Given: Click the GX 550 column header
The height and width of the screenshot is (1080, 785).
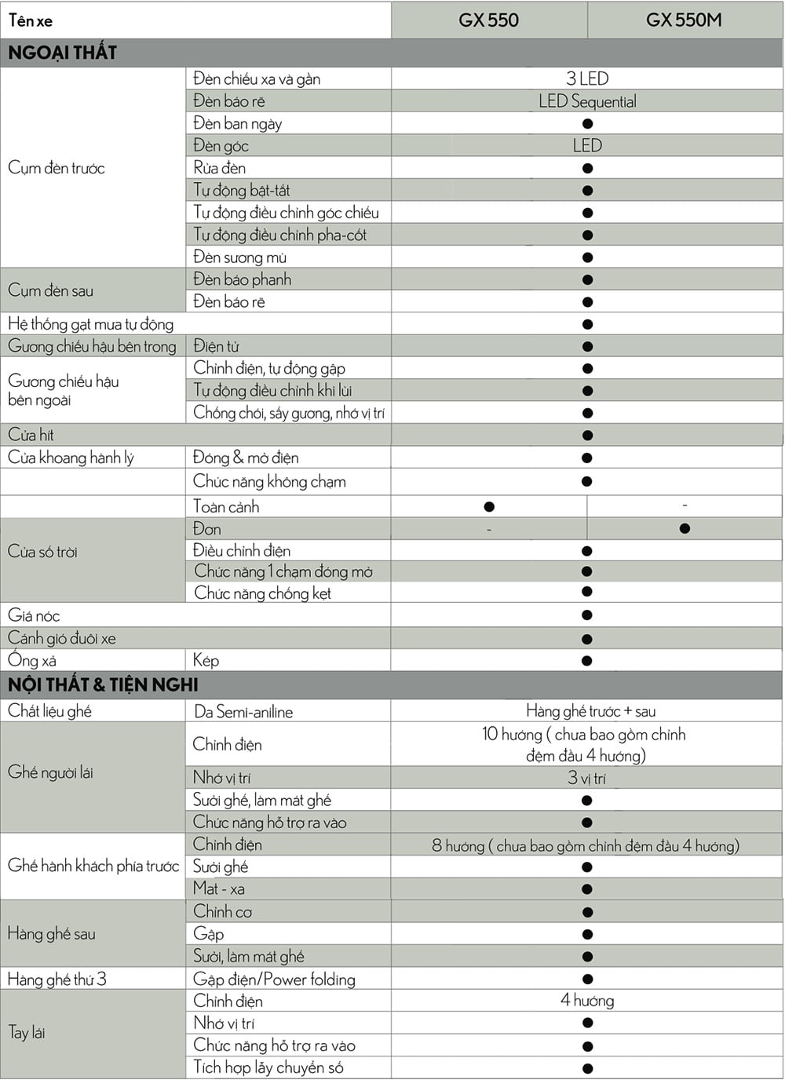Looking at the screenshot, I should pyautogui.click(x=488, y=20).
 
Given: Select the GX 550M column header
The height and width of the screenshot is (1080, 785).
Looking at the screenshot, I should pyautogui.click(x=684, y=20).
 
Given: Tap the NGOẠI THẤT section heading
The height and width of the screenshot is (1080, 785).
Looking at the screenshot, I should pyautogui.click(x=63, y=53).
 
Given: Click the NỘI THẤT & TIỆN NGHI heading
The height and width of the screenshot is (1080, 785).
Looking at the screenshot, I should pyautogui.click(x=103, y=684).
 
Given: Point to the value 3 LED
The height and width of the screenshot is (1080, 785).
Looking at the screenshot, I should pyautogui.click(x=587, y=78).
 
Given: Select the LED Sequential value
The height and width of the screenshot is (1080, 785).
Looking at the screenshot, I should pyautogui.click(x=587, y=101).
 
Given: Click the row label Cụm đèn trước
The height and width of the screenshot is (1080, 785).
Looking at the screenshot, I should pyautogui.click(x=57, y=168).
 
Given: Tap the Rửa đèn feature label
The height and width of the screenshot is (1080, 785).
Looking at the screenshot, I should pyautogui.click(x=220, y=168).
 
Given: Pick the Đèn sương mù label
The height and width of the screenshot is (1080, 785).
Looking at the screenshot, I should pyautogui.click(x=239, y=257).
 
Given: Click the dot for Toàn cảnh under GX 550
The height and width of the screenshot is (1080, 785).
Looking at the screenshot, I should pyautogui.click(x=489, y=507).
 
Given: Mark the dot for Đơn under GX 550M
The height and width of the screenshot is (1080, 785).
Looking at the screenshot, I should pyautogui.click(x=685, y=529).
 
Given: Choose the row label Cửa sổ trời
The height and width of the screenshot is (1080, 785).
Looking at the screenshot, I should pyautogui.click(x=43, y=552).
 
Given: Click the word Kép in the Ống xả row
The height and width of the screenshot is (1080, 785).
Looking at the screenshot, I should pyautogui.click(x=206, y=661).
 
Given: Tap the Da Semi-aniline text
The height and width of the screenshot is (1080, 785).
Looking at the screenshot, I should pyautogui.click(x=243, y=712).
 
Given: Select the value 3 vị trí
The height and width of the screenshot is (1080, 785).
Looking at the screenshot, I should pyautogui.click(x=587, y=779).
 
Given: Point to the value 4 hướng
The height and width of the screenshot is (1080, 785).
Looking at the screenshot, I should pyautogui.click(x=587, y=1001).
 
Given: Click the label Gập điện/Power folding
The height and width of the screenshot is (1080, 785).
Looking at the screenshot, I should pyautogui.click(x=274, y=980).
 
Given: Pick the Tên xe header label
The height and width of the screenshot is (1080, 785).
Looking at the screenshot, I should pyautogui.click(x=31, y=20).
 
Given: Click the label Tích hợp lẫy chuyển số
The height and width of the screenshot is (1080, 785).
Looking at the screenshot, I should pyautogui.click(x=268, y=1067).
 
